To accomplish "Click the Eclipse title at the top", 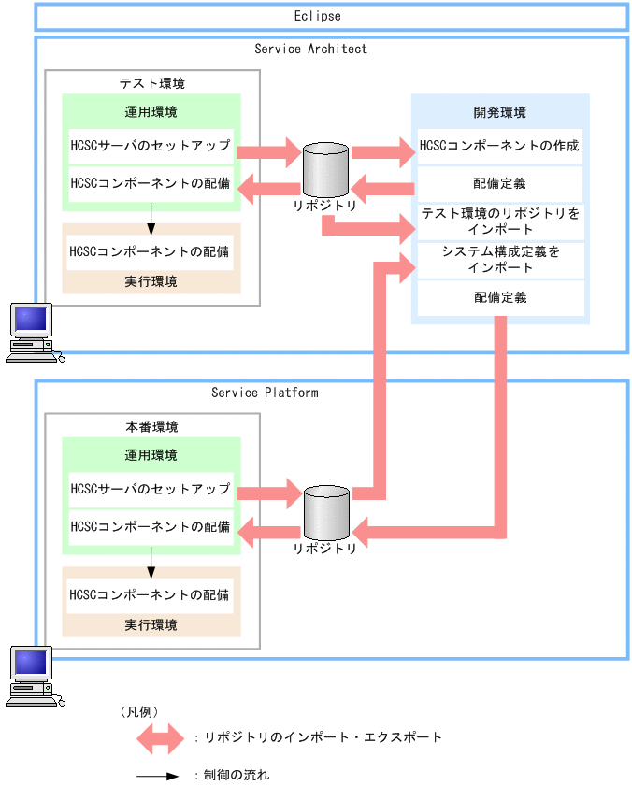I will click(316, 16).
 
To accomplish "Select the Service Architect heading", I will click(310, 49).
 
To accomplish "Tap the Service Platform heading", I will click(265, 393).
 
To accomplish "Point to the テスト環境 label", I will click(151, 83).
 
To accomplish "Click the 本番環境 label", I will click(151, 426).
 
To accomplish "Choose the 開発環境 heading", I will click(499, 112).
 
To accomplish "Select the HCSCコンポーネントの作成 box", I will click(499, 146).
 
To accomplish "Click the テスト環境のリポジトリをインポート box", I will click(500, 222).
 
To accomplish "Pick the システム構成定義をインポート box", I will click(500, 260).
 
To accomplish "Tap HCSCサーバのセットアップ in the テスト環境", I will click(151, 146).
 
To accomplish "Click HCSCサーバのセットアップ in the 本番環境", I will click(151, 489).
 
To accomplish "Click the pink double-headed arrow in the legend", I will click(161, 738).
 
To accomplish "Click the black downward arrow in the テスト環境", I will click(151, 218).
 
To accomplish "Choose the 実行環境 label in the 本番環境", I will click(151, 624).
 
